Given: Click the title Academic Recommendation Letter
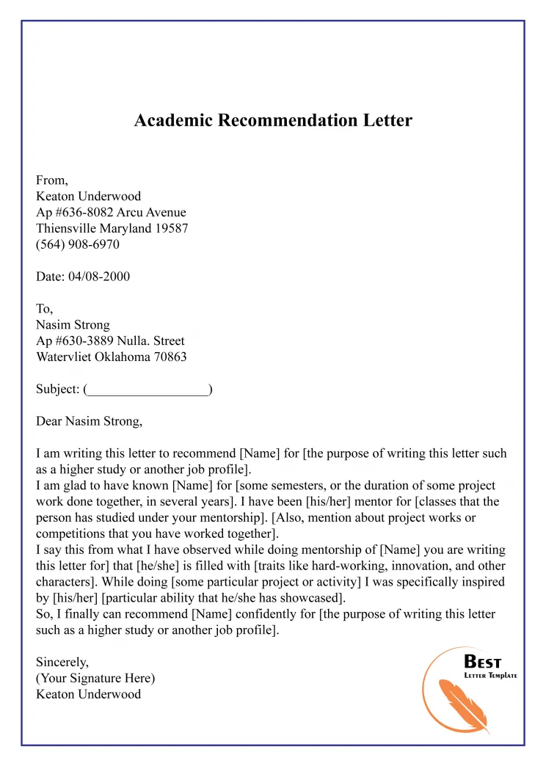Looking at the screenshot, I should pos(273,120).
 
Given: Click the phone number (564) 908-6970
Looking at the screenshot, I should pos(78,244).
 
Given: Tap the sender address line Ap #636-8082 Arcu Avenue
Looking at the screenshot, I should pos(111,212).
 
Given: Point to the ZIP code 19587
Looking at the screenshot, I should pos(172,228).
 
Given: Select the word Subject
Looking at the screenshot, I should pos(57,390).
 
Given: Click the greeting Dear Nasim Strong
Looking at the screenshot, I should pos(89,421).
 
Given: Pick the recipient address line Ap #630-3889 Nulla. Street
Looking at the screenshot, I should pos(110,341).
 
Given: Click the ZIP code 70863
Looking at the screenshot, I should pos(169,357).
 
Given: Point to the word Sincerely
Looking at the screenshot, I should pos(61,662).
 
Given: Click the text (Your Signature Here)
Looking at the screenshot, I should pos(95,678).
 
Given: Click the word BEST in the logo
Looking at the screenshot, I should pos(483,663).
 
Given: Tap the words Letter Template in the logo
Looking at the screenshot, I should pos(490,676).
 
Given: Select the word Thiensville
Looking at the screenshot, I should pos(70,228).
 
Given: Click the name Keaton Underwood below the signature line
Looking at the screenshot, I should pos(88,694).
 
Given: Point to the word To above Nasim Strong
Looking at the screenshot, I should pos(44,309).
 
